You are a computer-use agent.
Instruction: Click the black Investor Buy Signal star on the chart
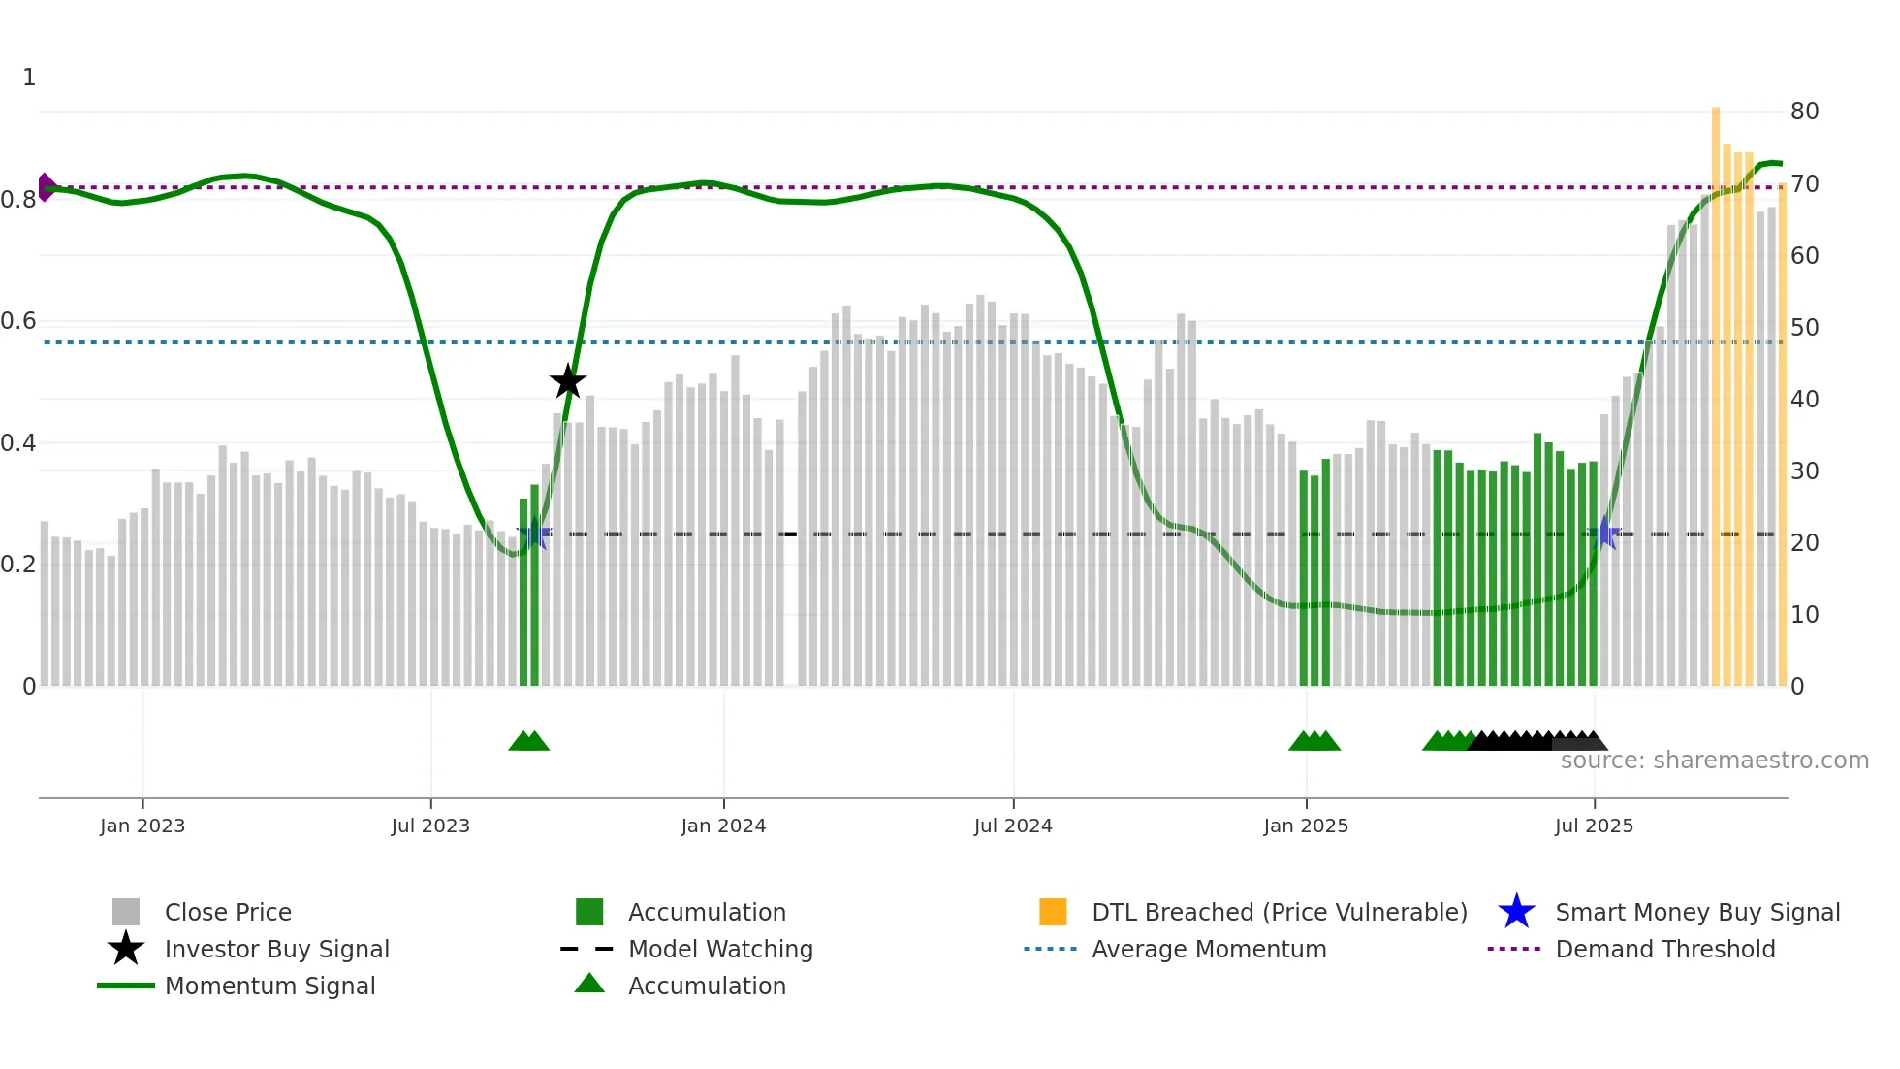pyautogui.click(x=568, y=381)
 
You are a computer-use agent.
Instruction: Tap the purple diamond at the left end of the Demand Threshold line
pyautogui.click(x=46, y=187)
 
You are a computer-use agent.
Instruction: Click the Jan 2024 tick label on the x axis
pyautogui.click(x=723, y=826)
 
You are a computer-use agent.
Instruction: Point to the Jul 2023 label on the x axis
pyautogui.click(x=430, y=826)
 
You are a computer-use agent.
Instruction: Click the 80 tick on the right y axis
pyautogui.click(x=1804, y=112)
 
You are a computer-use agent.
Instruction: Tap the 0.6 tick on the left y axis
pyautogui.click(x=18, y=321)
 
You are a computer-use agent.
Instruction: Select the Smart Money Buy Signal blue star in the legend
pyautogui.click(x=1516, y=912)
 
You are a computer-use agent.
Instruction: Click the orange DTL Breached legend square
pyautogui.click(x=1053, y=912)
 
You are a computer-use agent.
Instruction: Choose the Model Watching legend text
pyautogui.click(x=720, y=949)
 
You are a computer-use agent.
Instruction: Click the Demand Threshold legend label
pyautogui.click(x=1664, y=949)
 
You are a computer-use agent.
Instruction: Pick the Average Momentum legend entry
pyautogui.click(x=1208, y=949)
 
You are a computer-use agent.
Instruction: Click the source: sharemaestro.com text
pyautogui.click(x=1714, y=761)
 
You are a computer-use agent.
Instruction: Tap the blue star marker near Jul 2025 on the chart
pyautogui.click(x=1605, y=533)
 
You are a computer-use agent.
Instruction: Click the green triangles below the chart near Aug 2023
pyautogui.click(x=528, y=742)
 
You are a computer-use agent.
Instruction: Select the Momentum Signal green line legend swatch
pyautogui.click(x=126, y=986)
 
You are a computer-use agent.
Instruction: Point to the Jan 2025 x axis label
pyautogui.click(x=1306, y=826)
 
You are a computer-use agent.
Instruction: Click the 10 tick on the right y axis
pyautogui.click(x=1804, y=614)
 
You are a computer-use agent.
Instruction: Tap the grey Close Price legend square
pyautogui.click(x=126, y=912)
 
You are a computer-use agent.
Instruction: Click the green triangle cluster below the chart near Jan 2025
pyautogui.click(x=1314, y=742)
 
